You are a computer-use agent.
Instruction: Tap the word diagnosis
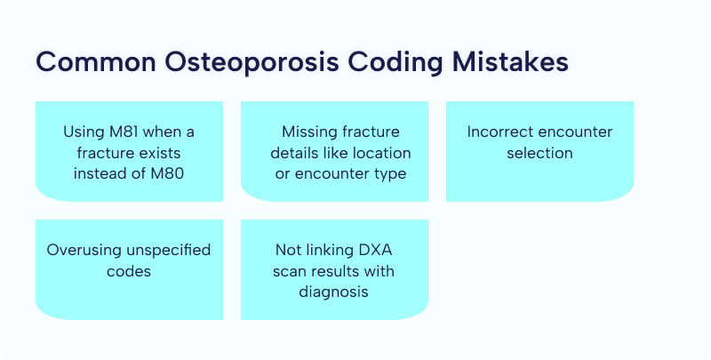click(334, 292)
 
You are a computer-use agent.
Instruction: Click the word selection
click(539, 153)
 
